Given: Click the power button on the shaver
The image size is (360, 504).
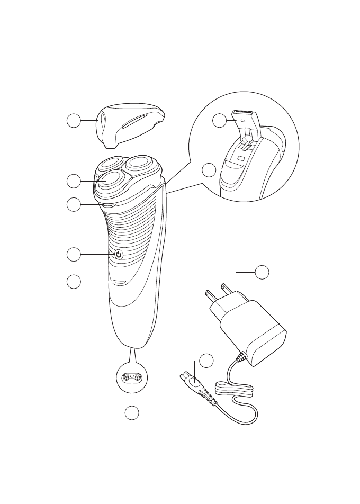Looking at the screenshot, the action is (119, 255).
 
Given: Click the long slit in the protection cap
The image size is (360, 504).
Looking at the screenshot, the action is (134, 121).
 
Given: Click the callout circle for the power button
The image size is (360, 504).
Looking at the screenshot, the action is (74, 255).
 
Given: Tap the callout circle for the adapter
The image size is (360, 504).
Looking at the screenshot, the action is (262, 272).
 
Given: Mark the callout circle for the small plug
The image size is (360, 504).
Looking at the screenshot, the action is (206, 361).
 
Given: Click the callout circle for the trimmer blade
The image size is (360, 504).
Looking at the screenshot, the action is (220, 121).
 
